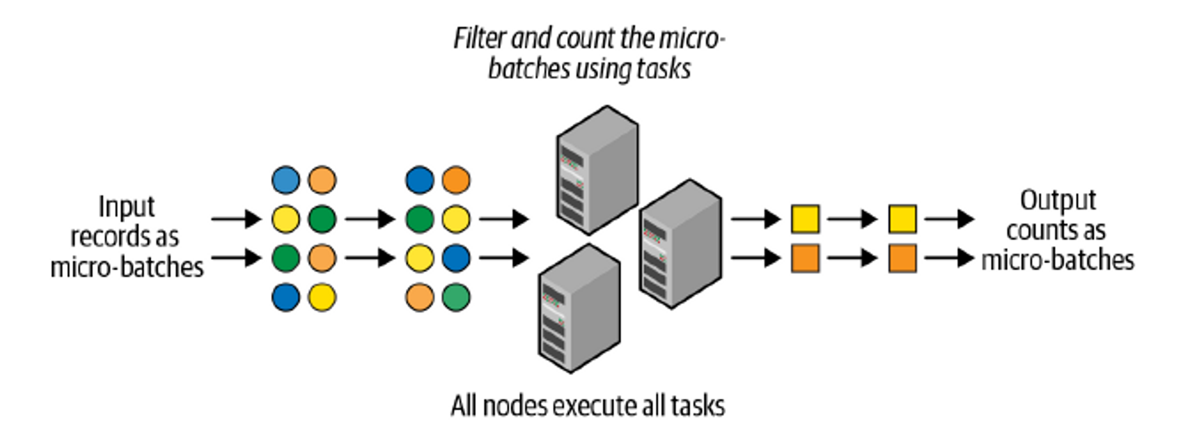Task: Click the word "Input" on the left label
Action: (126, 207)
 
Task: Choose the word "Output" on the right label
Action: (1058, 201)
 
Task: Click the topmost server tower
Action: (597, 170)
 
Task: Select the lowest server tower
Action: (579, 308)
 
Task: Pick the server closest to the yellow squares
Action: (680, 243)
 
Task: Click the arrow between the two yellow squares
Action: (852, 219)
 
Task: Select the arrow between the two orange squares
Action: (852, 258)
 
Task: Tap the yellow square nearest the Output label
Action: (903, 219)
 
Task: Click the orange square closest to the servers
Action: (805, 258)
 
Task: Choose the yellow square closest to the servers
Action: (805, 219)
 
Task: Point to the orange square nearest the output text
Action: (903, 258)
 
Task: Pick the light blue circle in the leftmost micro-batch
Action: (285, 180)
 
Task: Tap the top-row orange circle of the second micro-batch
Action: (456, 180)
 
